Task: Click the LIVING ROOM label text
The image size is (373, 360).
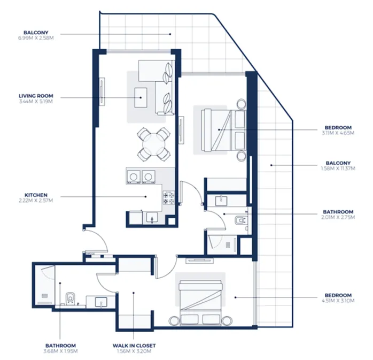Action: pyautogui.click(x=36, y=96)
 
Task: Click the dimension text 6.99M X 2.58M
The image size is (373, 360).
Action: pyautogui.click(x=36, y=37)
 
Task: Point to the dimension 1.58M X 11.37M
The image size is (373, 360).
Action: pyautogui.click(x=338, y=168)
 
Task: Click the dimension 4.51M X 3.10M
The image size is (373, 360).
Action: pyautogui.click(x=338, y=301)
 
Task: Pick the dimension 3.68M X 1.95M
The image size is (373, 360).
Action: pyautogui.click(x=60, y=351)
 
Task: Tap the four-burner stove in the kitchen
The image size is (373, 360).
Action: pyautogui.click(x=169, y=197)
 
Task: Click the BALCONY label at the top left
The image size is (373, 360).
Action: pyautogui.click(x=36, y=32)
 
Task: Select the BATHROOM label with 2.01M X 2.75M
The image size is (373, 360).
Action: pyautogui.click(x=338, y=212)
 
